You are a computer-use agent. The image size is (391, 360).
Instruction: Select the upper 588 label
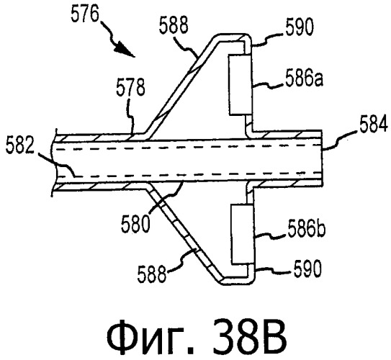click(174, 25)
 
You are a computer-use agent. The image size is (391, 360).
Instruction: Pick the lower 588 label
click(152, 274)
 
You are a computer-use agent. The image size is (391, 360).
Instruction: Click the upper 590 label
click(299, 27)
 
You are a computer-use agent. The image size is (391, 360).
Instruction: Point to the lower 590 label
click(307, 269)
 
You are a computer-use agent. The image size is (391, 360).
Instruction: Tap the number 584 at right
click(374, 125)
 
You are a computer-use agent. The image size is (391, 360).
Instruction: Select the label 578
click(130, 88)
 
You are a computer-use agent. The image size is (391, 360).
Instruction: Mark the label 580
click(135, 225)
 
